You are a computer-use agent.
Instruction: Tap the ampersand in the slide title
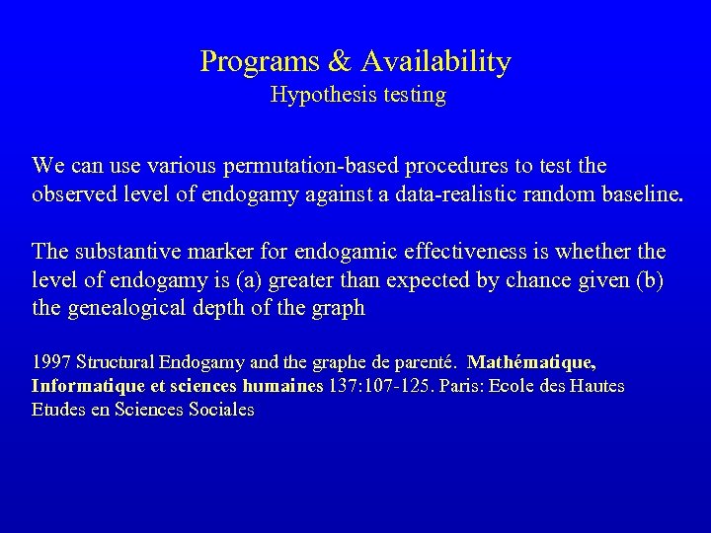pos(339,63)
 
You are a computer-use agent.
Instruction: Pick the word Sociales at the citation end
pos(218,410)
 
